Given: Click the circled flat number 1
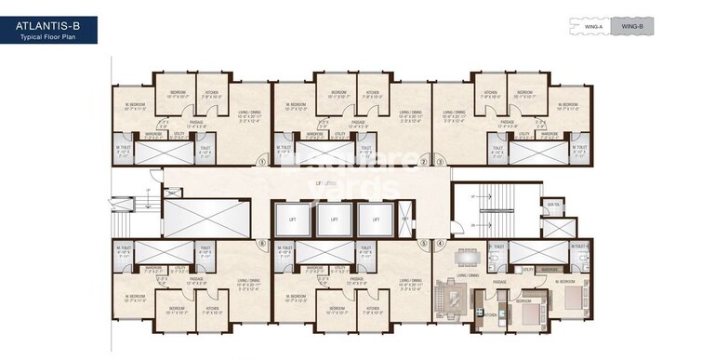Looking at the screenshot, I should click(x=263, y=161).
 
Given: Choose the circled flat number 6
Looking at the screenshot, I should click(x=263, y=245).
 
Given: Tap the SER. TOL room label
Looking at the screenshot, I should click(x=552, y=205).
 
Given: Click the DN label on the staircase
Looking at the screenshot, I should click(x=473, y=225).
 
